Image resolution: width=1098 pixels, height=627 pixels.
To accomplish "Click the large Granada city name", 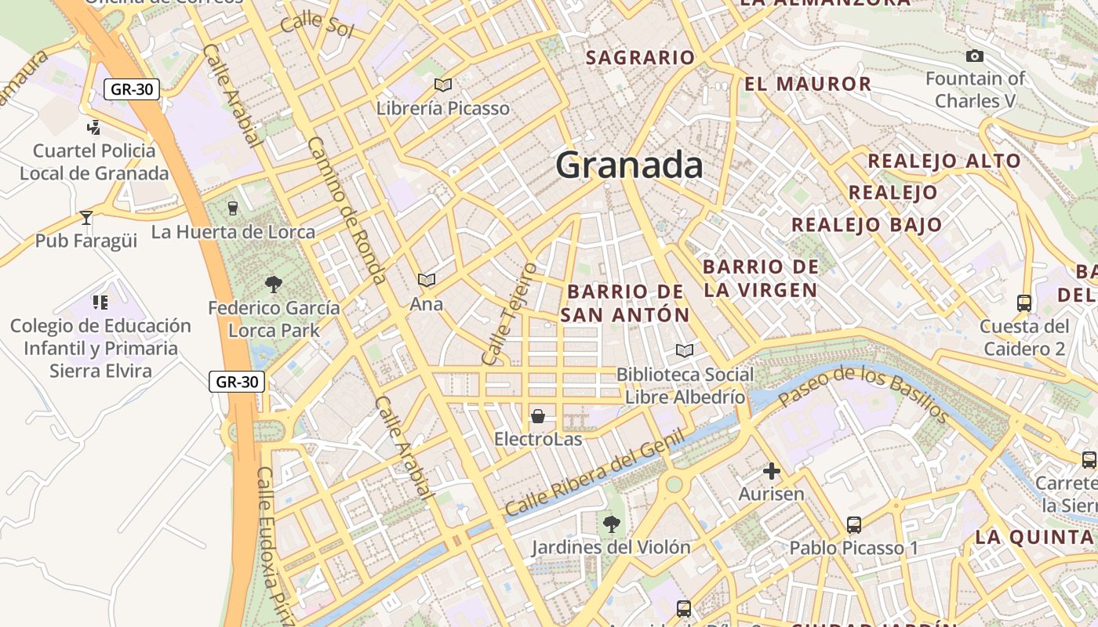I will [629, 165].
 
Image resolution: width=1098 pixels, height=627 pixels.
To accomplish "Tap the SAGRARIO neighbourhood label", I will [640, 57].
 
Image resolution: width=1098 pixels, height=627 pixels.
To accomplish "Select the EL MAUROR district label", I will [808, 84].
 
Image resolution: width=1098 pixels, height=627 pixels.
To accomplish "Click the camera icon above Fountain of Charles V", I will [975, 56].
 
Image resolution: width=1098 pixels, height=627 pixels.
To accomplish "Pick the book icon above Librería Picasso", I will [443, 85].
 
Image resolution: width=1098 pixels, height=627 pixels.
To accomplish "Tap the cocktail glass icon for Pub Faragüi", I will [86, 217].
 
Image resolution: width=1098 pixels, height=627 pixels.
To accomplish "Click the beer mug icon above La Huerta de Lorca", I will [232, 208].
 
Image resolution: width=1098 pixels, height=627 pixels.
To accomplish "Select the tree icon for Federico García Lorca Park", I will [274, 284].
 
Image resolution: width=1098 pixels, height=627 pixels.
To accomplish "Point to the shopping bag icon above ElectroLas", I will [538, 416].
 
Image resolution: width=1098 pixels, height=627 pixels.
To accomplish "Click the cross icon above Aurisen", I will [772, 471].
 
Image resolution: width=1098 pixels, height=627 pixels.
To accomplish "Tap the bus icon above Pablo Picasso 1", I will [854, 524].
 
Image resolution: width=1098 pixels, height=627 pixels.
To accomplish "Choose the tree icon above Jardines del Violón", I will [611, 524].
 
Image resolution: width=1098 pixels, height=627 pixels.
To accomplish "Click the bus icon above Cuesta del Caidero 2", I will [1023, 303].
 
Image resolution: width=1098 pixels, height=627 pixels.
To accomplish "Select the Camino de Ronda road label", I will [346, 210].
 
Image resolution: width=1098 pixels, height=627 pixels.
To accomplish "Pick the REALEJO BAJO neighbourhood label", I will [867, 225].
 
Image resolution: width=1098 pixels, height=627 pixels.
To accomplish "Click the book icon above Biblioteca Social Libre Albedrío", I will [685, 350].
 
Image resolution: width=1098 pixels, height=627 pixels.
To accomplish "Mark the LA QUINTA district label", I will [1034, 538].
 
